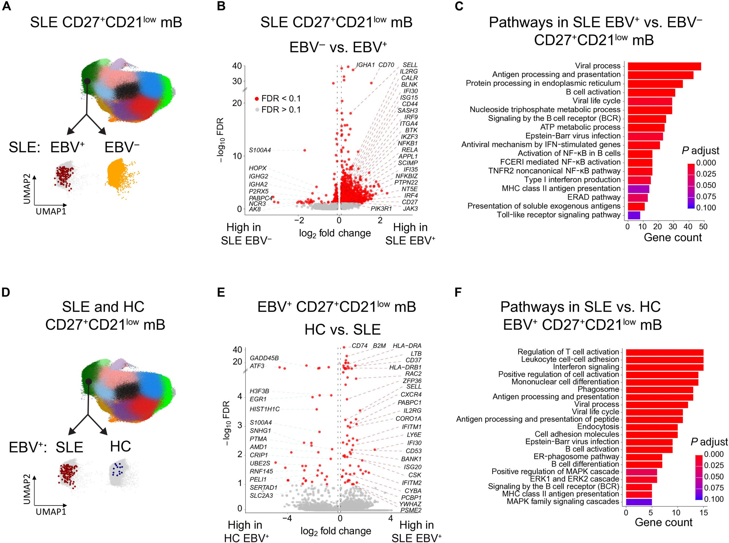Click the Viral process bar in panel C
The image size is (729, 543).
664,66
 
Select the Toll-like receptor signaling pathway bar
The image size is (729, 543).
634,215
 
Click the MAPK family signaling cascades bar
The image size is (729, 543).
638,502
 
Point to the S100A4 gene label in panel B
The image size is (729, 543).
260,150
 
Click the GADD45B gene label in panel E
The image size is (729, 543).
264,358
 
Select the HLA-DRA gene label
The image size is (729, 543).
407,346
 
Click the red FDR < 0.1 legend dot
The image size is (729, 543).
257,99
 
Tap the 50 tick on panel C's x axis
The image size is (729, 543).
703,226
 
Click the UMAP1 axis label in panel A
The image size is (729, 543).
51,211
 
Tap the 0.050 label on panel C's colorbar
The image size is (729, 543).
706,185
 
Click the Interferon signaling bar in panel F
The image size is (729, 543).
664,367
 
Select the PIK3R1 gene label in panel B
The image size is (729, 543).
381,209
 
